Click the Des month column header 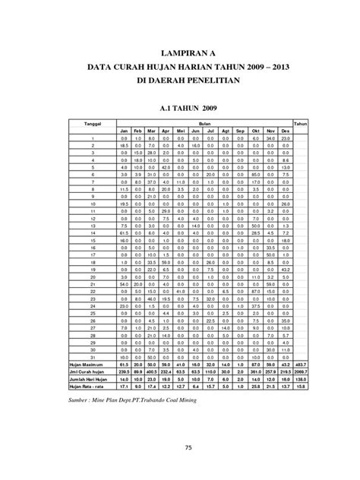[285, 131]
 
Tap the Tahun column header [301, 123]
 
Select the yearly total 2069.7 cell [301, 371]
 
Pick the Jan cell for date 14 [122, 233]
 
